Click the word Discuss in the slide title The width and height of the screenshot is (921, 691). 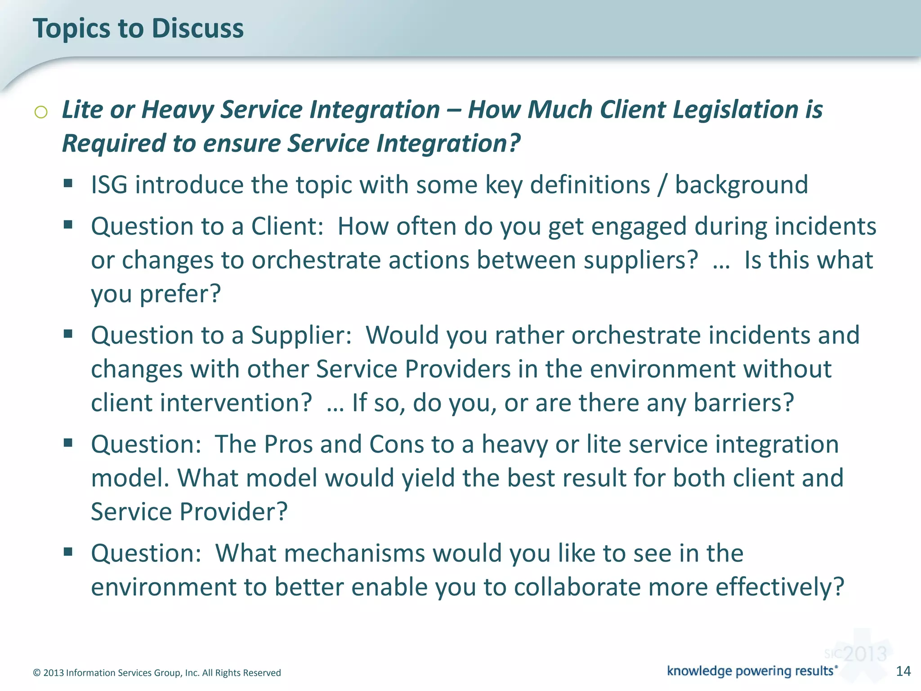click(197, 28)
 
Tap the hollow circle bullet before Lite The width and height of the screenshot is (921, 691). click(41, 112)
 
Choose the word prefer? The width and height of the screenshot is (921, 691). click(180, 294)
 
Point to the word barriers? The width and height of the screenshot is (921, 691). click(744, 403)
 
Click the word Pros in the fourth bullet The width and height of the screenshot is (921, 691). click(288, 444)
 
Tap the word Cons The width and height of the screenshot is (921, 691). click(396, 444)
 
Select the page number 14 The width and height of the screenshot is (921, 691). click(903, 671)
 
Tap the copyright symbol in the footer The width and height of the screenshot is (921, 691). click(37, 673)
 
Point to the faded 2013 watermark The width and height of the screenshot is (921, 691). click(864, 654)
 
